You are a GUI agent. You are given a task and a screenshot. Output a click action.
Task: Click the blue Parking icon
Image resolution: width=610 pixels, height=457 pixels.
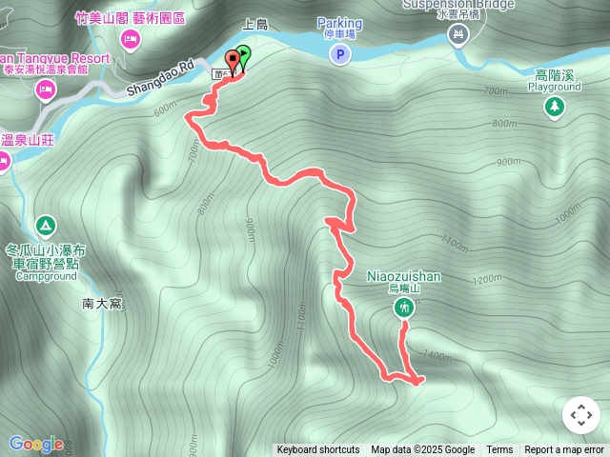339,56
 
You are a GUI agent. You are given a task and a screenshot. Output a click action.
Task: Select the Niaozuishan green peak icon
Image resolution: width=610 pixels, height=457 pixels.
404,308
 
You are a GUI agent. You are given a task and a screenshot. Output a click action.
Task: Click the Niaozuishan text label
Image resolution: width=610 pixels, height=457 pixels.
404,276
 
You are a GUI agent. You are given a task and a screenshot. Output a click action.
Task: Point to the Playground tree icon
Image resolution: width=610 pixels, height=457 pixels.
554,107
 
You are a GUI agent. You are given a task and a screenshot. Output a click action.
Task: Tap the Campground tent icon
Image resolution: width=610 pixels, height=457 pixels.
45,227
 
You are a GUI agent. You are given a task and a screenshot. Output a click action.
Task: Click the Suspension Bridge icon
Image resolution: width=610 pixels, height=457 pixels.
458,36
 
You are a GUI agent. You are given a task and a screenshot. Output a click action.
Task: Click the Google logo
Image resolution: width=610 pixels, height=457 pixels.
36,444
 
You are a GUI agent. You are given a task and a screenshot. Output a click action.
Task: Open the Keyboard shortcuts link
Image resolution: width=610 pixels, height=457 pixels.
318,450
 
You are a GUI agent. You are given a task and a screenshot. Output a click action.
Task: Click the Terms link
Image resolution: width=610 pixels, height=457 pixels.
499,450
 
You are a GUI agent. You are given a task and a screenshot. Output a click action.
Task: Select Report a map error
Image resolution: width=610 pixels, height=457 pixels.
564,450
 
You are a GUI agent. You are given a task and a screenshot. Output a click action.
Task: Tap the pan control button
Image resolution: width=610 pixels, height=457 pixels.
581,415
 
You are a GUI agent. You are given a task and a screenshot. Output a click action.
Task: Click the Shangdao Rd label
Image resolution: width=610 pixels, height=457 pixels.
161,81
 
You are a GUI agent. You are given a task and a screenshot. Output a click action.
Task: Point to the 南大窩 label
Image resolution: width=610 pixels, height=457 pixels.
103,304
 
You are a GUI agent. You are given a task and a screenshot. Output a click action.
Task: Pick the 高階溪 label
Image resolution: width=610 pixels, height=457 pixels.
554,74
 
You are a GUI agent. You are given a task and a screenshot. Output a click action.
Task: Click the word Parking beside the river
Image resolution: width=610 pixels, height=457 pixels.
339,23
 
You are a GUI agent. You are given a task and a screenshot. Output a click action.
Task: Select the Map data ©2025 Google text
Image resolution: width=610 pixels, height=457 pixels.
422,450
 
